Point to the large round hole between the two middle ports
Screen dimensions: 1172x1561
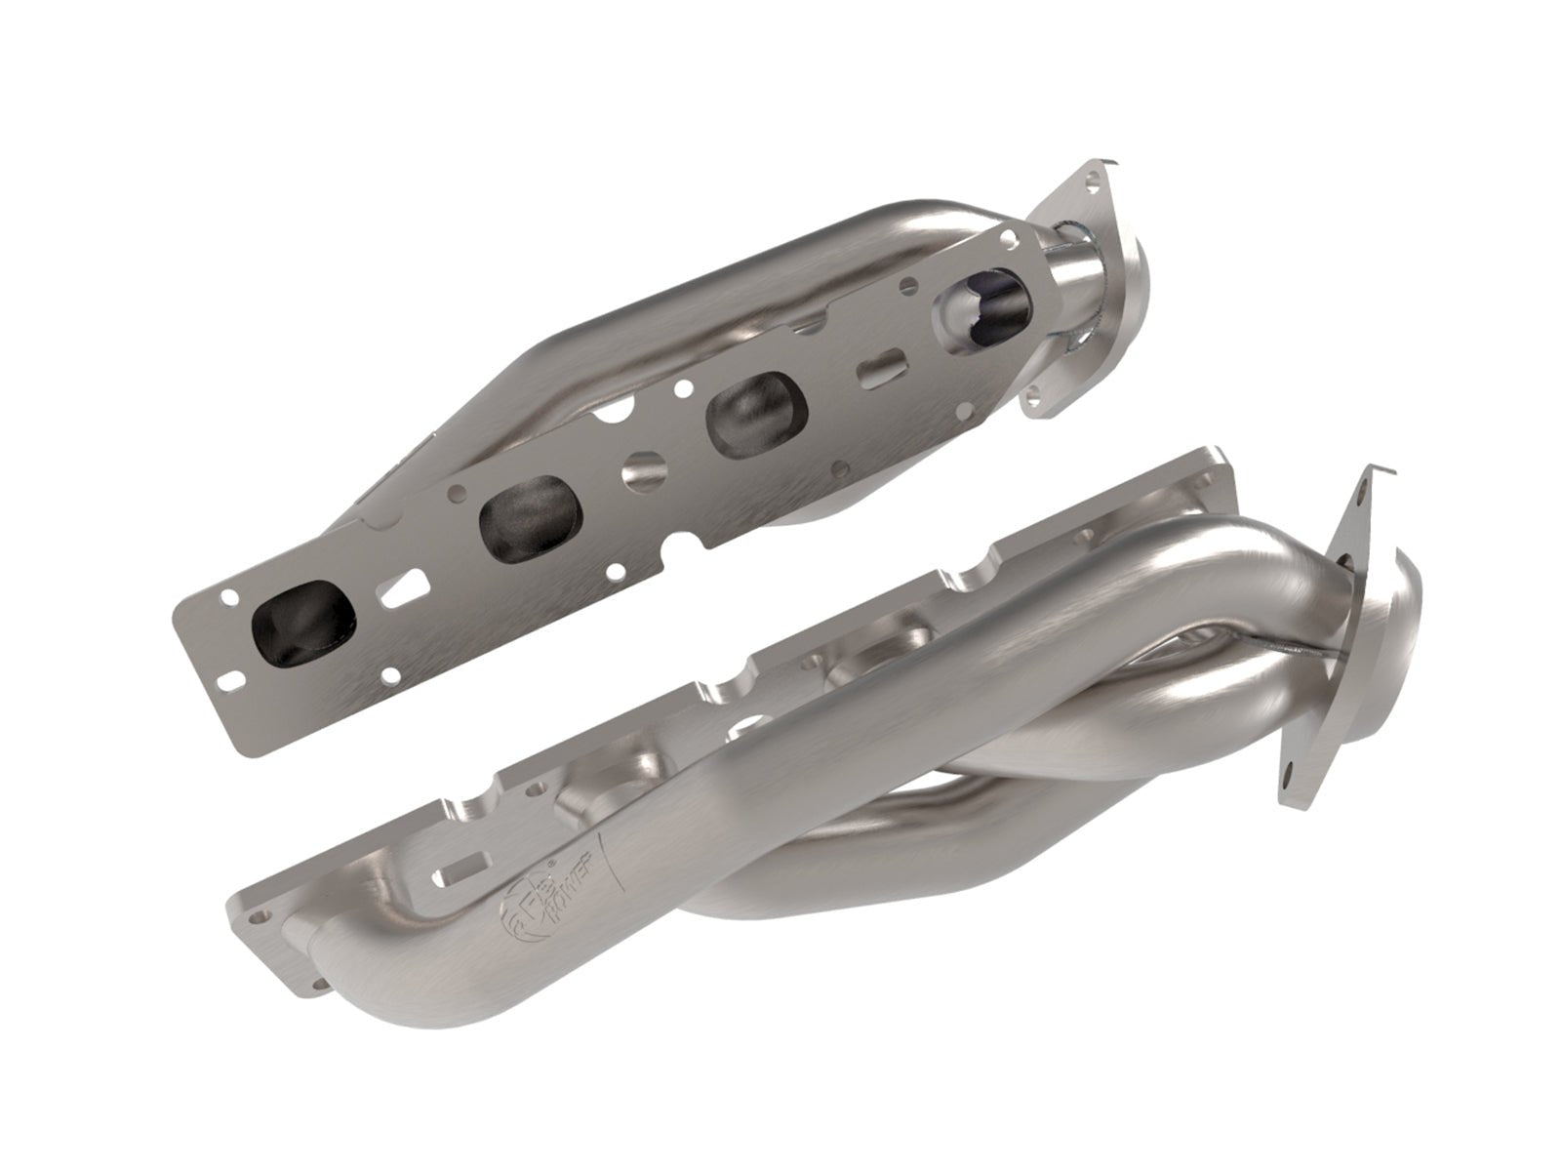[643, 470]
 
